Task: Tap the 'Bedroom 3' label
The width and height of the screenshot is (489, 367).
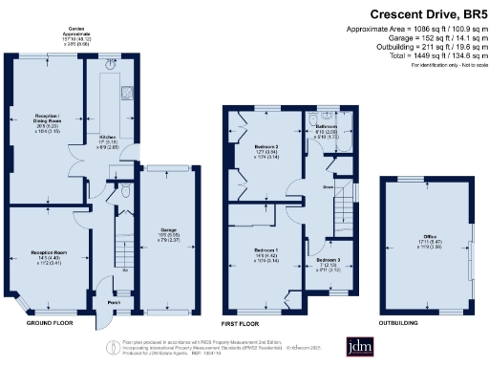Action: coord(329,259)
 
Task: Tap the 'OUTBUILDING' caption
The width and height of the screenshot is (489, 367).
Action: coord(402,324)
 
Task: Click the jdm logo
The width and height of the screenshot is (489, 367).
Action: coord(359,346)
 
